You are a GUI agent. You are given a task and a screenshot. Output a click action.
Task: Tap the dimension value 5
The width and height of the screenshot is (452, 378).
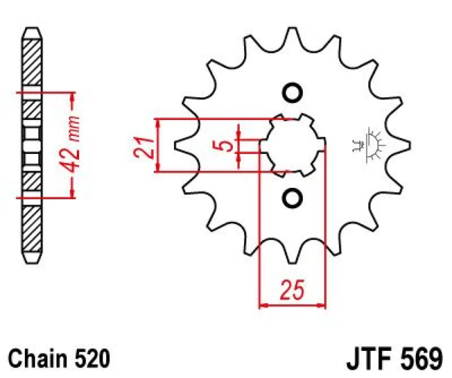click(226, 146)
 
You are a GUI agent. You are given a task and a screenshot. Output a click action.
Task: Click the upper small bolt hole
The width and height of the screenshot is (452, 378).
click(292, 93)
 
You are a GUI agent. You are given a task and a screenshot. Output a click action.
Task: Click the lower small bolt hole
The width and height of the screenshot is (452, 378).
click(292, 198)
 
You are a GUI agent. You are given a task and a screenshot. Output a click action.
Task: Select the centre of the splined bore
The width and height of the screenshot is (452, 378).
click(292, 146)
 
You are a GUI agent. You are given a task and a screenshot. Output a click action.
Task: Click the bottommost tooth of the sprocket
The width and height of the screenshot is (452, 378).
click(291, 257)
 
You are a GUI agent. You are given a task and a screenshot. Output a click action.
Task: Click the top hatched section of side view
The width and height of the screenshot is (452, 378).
click(32, 62)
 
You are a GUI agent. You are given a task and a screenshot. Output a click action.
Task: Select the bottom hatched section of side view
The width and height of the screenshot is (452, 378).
click(32, 231)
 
